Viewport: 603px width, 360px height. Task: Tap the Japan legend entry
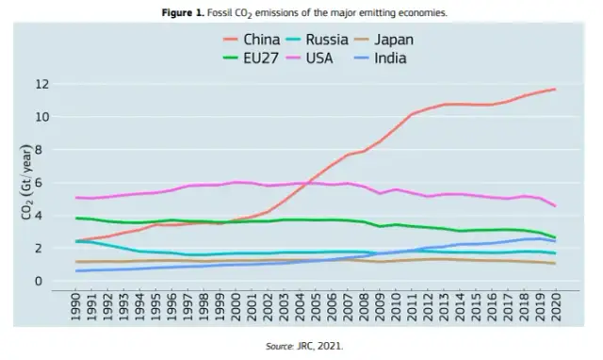(x=405, y=40)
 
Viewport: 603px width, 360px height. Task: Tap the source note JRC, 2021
(x=301, y=346)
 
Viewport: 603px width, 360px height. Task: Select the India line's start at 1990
(x=76, y=271)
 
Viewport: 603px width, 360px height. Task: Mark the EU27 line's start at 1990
(x=76, y=219)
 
